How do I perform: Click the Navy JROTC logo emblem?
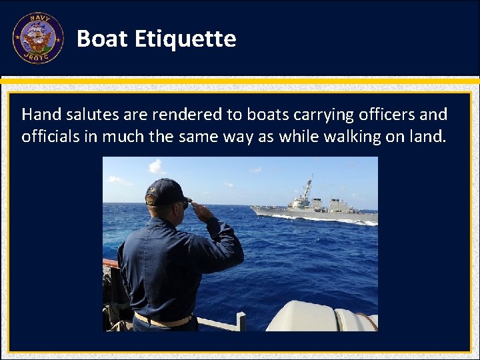coord(37,38)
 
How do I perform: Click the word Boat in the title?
coord(102,39)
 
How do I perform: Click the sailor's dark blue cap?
coord(167,191)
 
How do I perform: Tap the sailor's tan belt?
coord(163,321)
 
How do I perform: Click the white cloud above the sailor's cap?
coord(157,167)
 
